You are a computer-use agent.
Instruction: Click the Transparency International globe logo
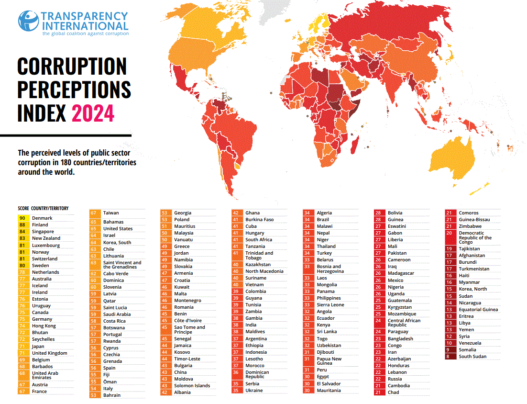tap(28, 22)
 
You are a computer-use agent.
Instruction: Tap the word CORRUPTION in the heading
tap(72, 66)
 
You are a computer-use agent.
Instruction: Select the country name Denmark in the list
tap(42, 218)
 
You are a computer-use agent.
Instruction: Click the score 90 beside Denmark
tap(22, 218)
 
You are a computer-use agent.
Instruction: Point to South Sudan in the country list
tap(472, 357)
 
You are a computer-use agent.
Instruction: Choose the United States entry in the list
tap(118, 229)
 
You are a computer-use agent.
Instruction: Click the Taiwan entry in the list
tap(111, 213)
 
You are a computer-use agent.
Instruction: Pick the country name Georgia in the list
tap(183, 213)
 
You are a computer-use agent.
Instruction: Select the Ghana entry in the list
tap(253, 213)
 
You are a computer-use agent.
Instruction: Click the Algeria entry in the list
tap(324, 213)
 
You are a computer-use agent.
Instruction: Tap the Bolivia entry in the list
tap(395, 213)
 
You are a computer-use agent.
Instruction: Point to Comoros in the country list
tap(469, 213)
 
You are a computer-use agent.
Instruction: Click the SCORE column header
tap(23, 209)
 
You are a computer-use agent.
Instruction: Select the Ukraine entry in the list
tap(254, 391)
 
